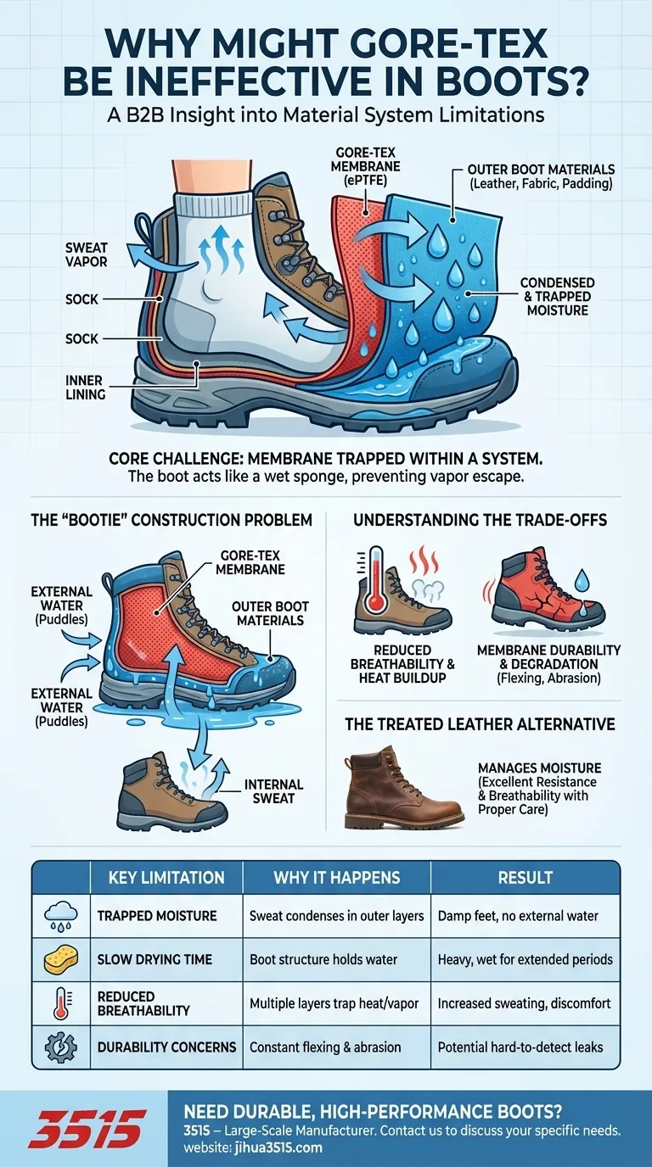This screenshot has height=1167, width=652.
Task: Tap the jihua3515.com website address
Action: coord(278,1147)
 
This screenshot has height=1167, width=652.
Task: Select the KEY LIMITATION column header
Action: coord(166,878)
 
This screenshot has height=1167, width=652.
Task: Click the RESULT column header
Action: coord(525,878)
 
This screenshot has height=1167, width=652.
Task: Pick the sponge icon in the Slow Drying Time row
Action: coord(61,961)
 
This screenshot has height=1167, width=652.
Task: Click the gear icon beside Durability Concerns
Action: coord(61,1047)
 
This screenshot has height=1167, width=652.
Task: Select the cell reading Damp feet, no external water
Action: coord(518,916)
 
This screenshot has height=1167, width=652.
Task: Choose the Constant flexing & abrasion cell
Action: coord(325,1047)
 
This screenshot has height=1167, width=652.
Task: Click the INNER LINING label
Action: coord(86,388)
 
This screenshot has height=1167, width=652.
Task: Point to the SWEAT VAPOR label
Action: coord(87,254)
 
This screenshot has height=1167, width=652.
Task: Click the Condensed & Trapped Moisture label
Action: coord(558,297)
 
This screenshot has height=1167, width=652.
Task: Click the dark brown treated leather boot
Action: coord(403,788)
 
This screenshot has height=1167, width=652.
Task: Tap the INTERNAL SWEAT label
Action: coord(273,791)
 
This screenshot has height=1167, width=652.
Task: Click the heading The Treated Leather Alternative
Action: coord(480,724)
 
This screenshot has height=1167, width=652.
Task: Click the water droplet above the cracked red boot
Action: coord(582,578)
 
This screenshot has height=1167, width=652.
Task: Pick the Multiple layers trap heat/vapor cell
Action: coord(334,1003)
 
